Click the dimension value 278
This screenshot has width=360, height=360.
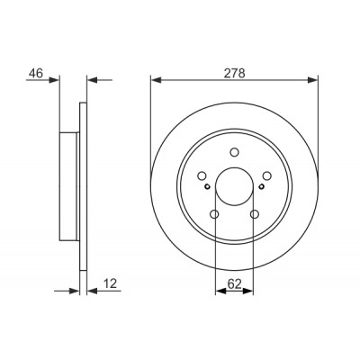(235, 73)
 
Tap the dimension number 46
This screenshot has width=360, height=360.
(36, 73)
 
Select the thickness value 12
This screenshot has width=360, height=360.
(110, 283)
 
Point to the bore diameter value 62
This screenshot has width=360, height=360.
(234, 284)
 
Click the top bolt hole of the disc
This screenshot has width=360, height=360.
(234, 152)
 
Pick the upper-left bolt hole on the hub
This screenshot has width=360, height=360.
(202, 175)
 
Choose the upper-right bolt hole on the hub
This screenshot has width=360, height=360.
(266, 175)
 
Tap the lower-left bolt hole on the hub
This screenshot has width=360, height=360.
(214, 214)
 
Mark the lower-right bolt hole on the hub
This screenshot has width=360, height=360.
(255, 214)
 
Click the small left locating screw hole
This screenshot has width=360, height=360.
(207, 186)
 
